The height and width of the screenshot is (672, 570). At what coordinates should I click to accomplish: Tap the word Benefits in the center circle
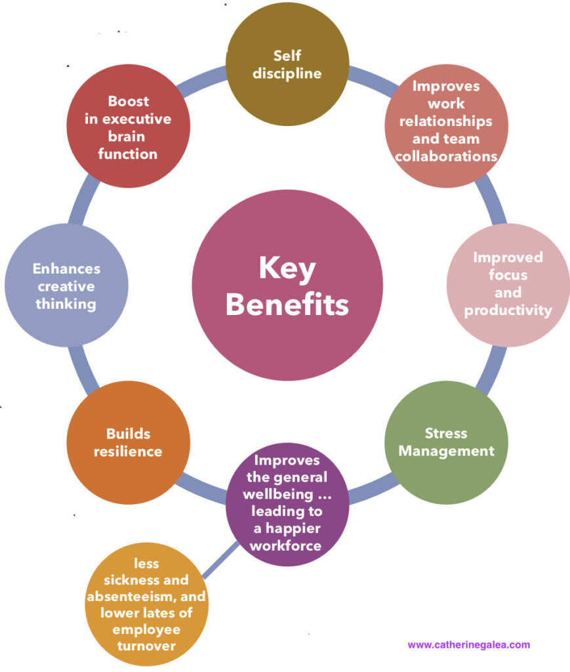(x=287, y=304)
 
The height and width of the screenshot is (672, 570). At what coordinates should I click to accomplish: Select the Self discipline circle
(x=287, y=64)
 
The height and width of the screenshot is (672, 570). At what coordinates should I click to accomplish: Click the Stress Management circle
(x=446, y=442)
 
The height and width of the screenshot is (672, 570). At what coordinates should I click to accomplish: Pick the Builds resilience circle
(x=128, y=442)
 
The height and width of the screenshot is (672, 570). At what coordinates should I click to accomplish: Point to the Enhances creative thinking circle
(x=66, y=285)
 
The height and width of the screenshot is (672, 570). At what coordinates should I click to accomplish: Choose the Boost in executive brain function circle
(x=128, y=126)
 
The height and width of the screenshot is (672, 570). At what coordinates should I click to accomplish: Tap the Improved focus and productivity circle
(x=508, y=285)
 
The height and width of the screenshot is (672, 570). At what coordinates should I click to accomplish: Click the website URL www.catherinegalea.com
(x=468, y=645)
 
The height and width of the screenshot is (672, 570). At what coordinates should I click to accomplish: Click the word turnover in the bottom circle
(x=146, y=646)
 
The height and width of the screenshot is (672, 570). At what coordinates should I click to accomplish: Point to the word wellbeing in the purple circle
(x=278, y=495)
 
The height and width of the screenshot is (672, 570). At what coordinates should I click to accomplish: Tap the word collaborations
(x=446, y=156)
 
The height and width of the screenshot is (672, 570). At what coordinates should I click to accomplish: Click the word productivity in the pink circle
(x=508, y=310)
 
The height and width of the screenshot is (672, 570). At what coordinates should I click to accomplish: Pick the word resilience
(x=128, y=451)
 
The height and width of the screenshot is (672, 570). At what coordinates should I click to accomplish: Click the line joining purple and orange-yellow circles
(x=220, y=560)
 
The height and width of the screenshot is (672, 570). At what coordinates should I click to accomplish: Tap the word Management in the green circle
(x=446, y=451)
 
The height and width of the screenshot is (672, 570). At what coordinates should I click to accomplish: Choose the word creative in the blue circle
(x=66, y=286)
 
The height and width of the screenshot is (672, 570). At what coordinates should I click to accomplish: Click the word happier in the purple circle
(x=293, y=529)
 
